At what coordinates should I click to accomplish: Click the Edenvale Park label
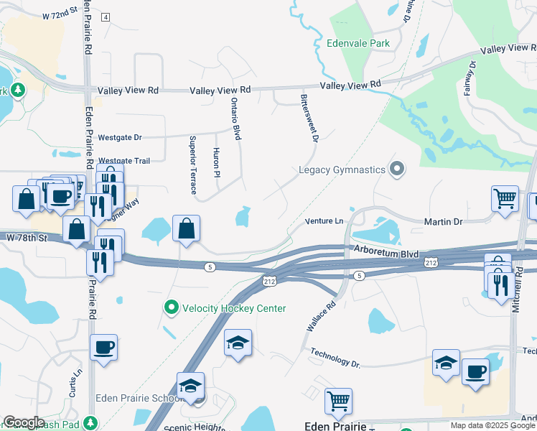click(358, 43)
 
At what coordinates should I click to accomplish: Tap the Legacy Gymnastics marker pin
click(397, 170)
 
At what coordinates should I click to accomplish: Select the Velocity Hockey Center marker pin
click(171, 308)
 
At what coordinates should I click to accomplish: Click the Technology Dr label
click(335, 358)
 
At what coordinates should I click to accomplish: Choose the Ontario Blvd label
click(235, 118)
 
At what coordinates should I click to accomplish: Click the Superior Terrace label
click(192, 164)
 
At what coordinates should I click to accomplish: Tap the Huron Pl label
click(215, 162)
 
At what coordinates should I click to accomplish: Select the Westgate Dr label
click(121, 136)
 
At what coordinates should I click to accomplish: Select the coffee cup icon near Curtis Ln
click(103, 348)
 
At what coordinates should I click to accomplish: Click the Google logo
click(24, 422)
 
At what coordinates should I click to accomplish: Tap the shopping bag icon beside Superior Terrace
click(186, 229)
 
